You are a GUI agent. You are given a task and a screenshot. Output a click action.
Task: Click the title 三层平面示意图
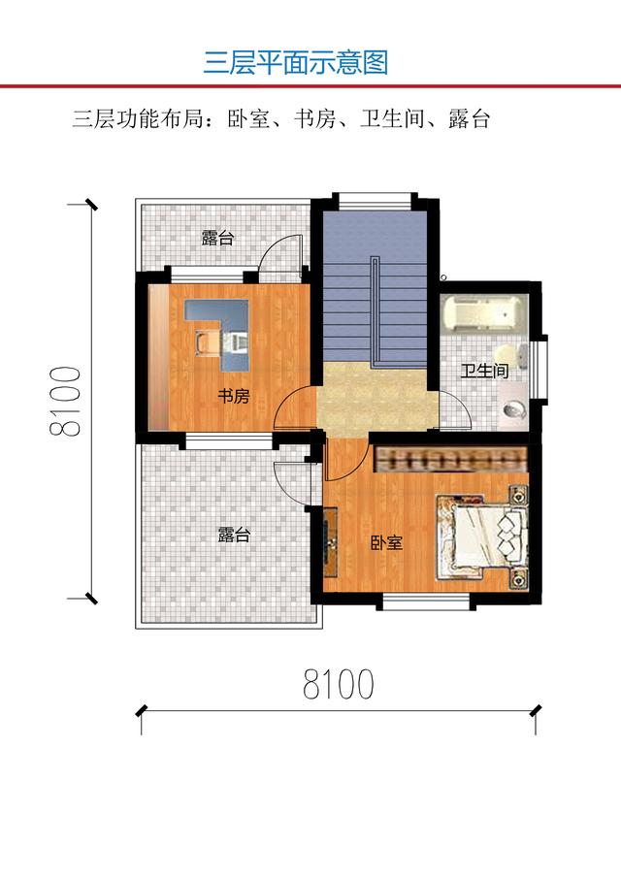click(296, 63)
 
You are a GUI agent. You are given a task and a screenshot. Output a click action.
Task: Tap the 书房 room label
click(233, 395)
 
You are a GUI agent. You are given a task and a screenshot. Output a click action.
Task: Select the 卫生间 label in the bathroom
click(484, 371)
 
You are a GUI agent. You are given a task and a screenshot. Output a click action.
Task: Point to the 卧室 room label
click(386, 542)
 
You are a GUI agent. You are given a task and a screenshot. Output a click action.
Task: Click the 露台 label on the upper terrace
click(217, 239)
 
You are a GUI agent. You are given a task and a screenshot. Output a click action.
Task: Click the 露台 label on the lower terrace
click(234, 535)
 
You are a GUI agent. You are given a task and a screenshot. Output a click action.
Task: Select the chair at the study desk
click(209, 342)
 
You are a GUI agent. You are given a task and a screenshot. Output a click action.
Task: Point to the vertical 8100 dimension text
click(67, 402)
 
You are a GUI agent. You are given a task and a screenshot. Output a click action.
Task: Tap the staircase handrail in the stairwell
click(375, 310)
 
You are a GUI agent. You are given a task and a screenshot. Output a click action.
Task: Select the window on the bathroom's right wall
click(541, 366)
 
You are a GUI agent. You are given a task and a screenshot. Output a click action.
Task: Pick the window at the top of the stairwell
click(374, 200)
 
